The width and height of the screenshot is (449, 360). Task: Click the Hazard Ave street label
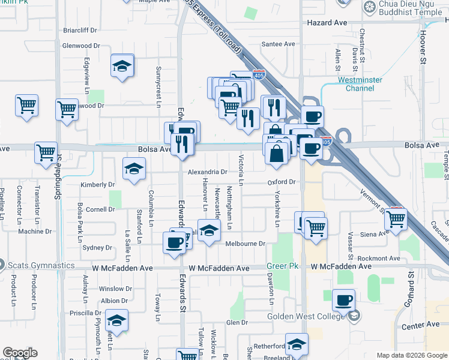327,22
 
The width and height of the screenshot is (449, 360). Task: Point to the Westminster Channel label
360,83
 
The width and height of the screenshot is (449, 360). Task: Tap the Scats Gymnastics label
41,265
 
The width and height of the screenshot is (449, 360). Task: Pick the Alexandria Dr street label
207,172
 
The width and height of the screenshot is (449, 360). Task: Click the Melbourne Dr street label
245,244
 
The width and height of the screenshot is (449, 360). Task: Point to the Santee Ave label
279,44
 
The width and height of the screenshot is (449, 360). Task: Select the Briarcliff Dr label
80,30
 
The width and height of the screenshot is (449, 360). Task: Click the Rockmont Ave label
378,258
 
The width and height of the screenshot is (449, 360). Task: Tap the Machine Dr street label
35,231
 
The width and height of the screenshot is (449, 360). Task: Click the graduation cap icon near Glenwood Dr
122,66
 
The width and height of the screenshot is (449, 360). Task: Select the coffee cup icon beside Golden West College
343,300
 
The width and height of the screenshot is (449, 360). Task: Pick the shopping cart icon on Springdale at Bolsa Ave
46,153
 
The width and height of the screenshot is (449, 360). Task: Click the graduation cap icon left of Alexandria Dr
134,169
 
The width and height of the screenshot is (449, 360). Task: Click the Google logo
20,353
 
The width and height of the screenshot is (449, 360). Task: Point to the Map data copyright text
412,355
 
